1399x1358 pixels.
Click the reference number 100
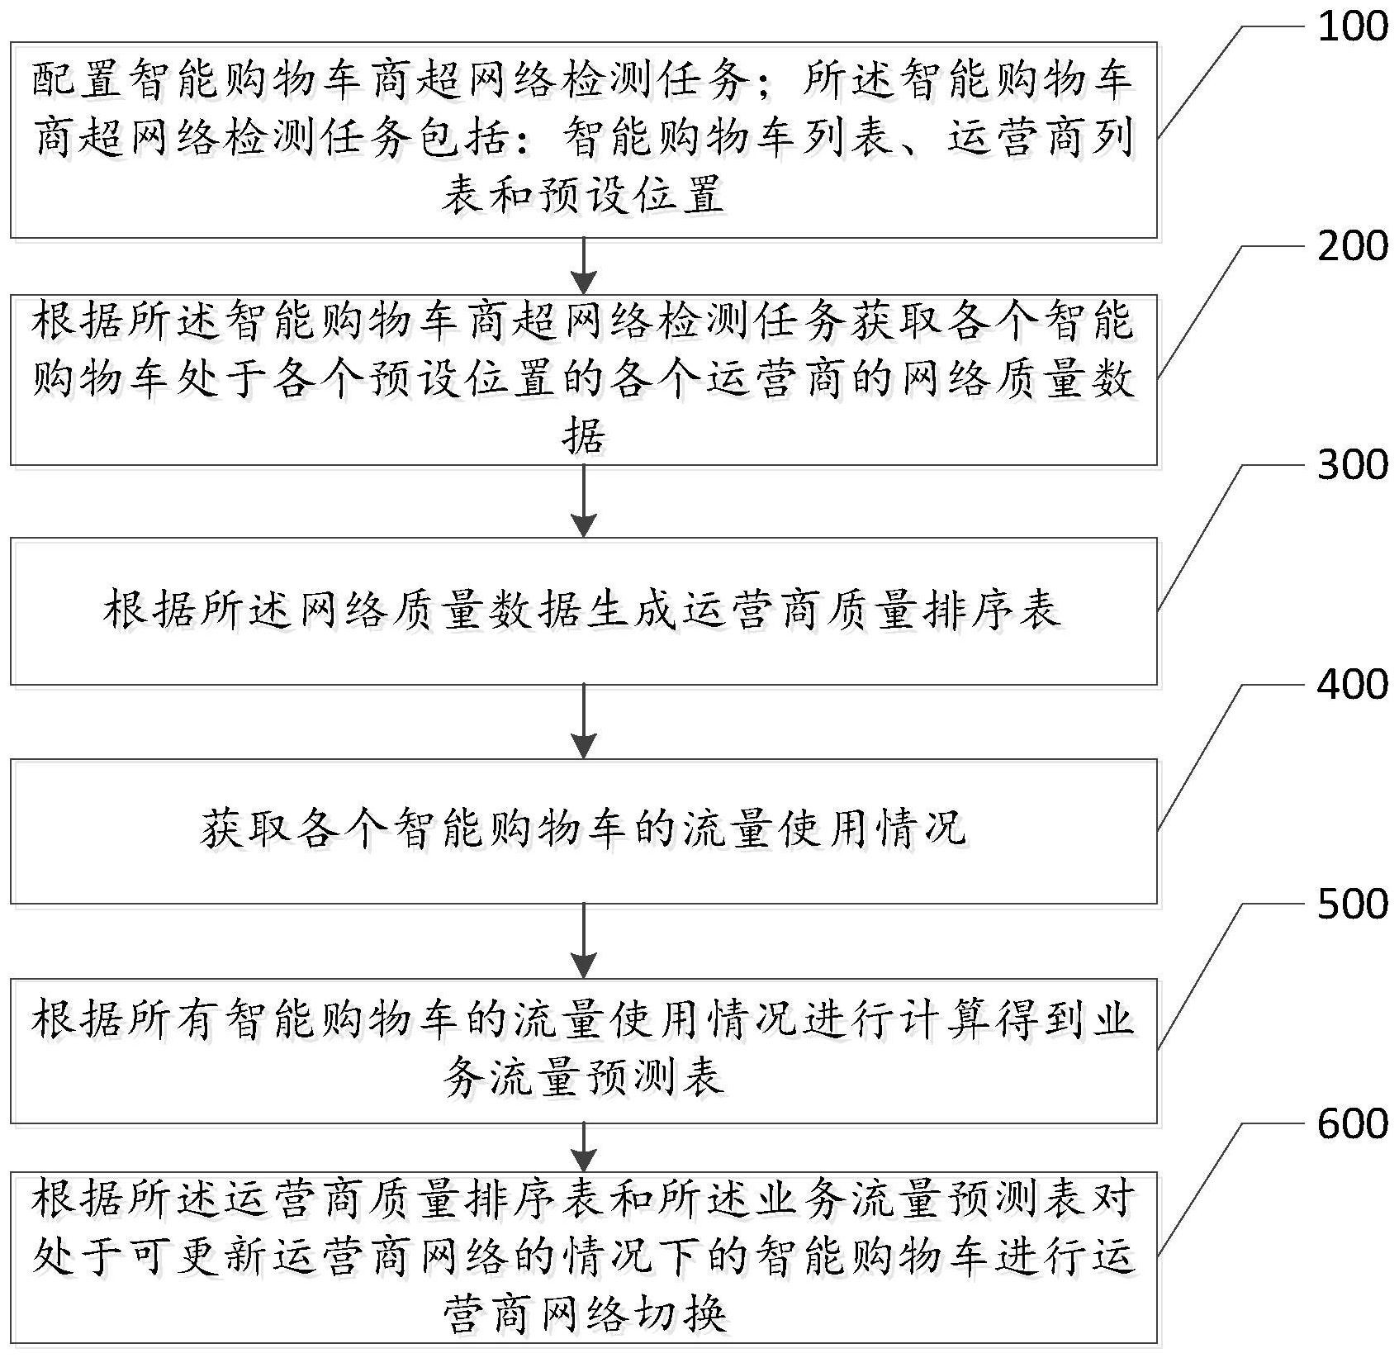click(x=1352, y=28)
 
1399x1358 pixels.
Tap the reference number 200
click(x=1352, y=247)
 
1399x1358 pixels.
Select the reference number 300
click(x=1352, y=466)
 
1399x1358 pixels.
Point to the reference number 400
click(x=1352, y=685)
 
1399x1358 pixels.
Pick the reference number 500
click(x=1352, y=905)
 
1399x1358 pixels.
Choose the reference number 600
click(x=1352, y=1124)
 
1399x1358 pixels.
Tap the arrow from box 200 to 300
click(x=584, y=501)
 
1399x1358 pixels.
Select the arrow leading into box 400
click(x=584, y=721)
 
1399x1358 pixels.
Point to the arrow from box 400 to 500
click(x=584, y=941)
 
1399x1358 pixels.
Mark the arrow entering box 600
click(x=584, y=1147)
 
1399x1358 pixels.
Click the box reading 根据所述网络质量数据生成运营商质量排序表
click(x=583, y=611)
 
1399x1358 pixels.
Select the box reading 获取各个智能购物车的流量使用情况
click(x=583, y=830)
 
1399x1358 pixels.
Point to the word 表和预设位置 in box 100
click(x=583, y=195)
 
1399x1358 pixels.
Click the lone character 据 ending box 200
click(x=583, y=435)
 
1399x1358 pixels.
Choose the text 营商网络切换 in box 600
click(x=583, y=1315)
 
